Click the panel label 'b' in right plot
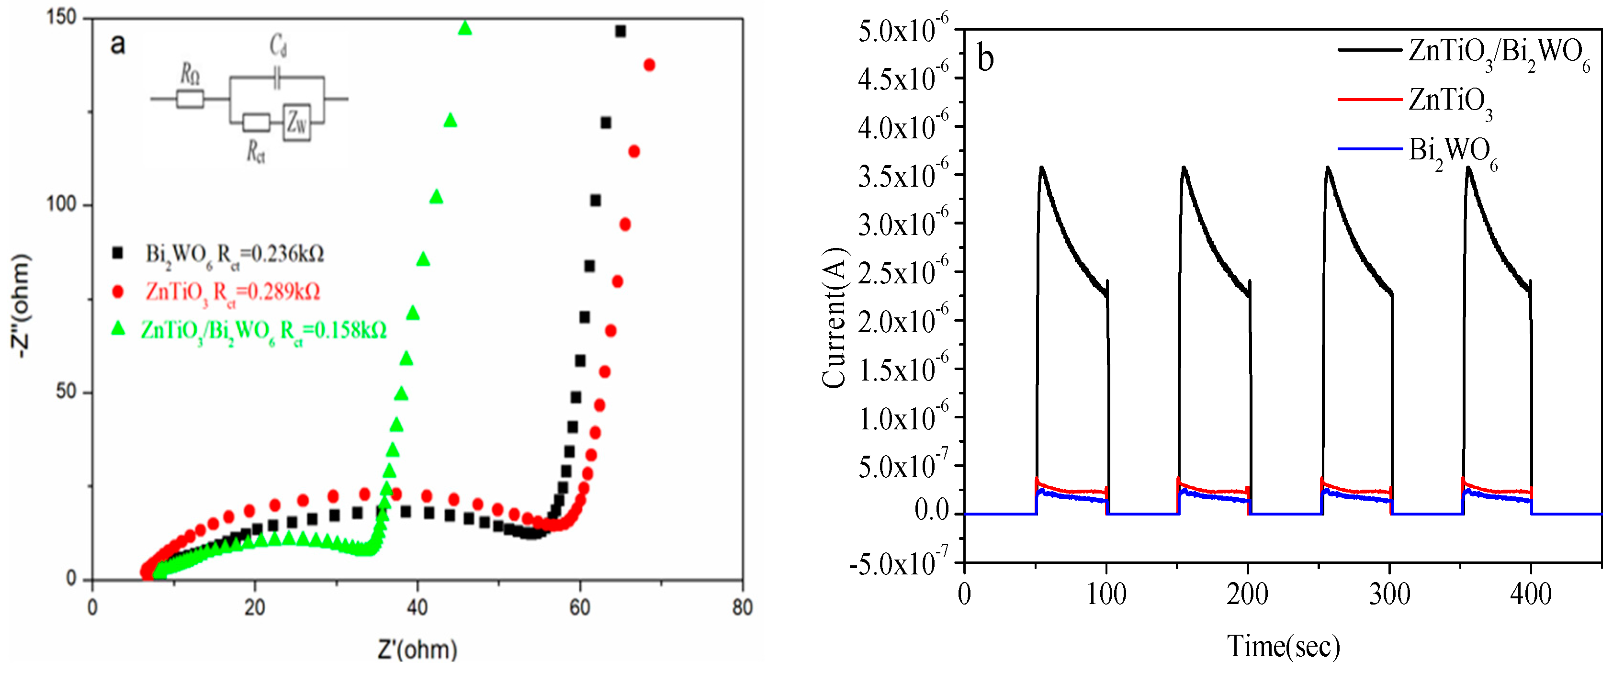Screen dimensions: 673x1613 pyautogui.click(x=986, y=59)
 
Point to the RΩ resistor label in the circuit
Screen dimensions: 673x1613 pyautogui.click(x=190, y=75)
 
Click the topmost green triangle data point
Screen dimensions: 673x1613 pyautogui.click(x=464, y=28)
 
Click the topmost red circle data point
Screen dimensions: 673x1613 pyautogui.click(x=649, y=65)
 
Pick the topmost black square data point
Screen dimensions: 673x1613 pyautogui.click(x=620, y=31)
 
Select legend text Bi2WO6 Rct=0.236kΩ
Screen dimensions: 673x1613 pyautogui.click(x=235, y=255)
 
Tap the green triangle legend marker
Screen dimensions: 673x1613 pyautogui.click(x=118, y=328)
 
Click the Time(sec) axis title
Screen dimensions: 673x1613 pyautogui.click(x=1283, y=646)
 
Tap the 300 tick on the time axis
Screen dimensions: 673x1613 pyautogui.click(x=1389, y=594)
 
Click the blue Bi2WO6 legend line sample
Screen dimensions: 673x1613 pyautogui.click(x=1369, y=149)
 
